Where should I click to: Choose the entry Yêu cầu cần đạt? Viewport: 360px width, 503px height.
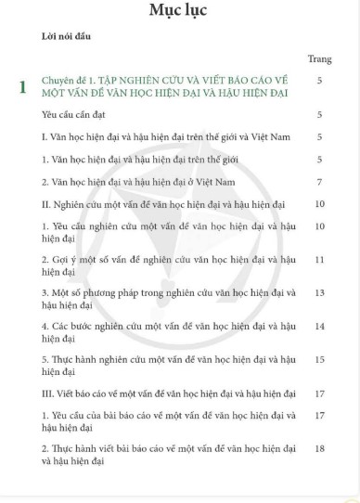(82, 115)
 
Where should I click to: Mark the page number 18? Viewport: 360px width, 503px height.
(319, 448)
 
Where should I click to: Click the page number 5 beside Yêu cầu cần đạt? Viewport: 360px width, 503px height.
(319, 115)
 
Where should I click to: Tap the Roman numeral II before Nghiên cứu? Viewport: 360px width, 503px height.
(46, 203)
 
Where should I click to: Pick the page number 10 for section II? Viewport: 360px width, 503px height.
(319, 203)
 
